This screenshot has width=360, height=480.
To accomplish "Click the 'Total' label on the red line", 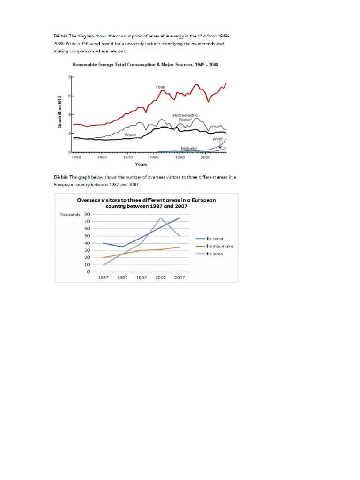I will (x=160, y=87).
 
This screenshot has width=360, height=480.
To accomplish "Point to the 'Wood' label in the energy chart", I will (x=130, y=135).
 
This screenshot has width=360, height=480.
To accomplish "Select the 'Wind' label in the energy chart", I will (x=217, y=139).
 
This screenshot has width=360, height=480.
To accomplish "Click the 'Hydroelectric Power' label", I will (x=185, y=117).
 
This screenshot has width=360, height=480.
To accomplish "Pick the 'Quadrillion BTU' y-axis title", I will (x=60, y=112).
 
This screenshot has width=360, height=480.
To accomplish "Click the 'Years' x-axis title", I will (x=141, y=164).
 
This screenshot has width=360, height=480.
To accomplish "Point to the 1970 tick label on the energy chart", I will (x=128, y=158).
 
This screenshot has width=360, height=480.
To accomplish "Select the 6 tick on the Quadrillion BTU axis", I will (x=69, y=96).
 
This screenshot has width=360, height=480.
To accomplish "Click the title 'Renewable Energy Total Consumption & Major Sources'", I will (x=144, y=64).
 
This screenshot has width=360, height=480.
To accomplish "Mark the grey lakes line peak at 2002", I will (x=161, y=217).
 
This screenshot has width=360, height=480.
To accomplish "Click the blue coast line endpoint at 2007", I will (x=180, y=217).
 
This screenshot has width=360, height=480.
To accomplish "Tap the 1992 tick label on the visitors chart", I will (x=122, y=277).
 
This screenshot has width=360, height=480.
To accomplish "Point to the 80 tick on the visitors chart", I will (x=87, y=214).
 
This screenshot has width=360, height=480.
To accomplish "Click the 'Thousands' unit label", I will (x=69, y=214).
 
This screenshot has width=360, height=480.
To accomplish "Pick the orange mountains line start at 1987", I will (x=103, y=257).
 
